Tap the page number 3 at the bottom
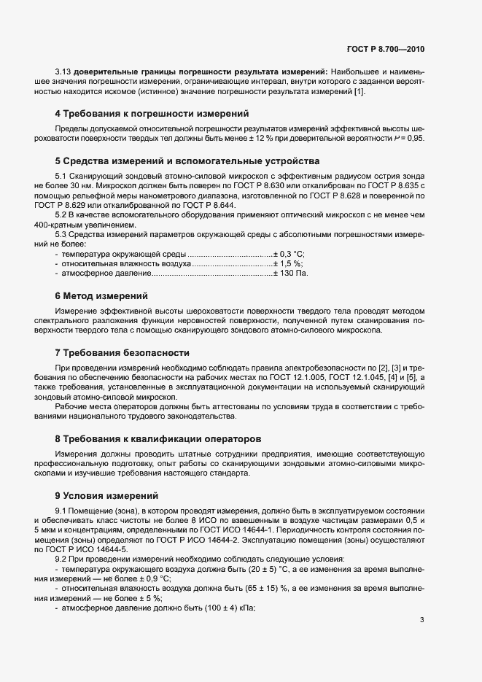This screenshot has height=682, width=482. click(x=421, y=621)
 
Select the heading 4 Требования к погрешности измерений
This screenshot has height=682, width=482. click(x=152, y=113)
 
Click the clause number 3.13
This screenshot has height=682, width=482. click(x=63, y=71)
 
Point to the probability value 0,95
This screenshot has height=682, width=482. click(x=413, y=138)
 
